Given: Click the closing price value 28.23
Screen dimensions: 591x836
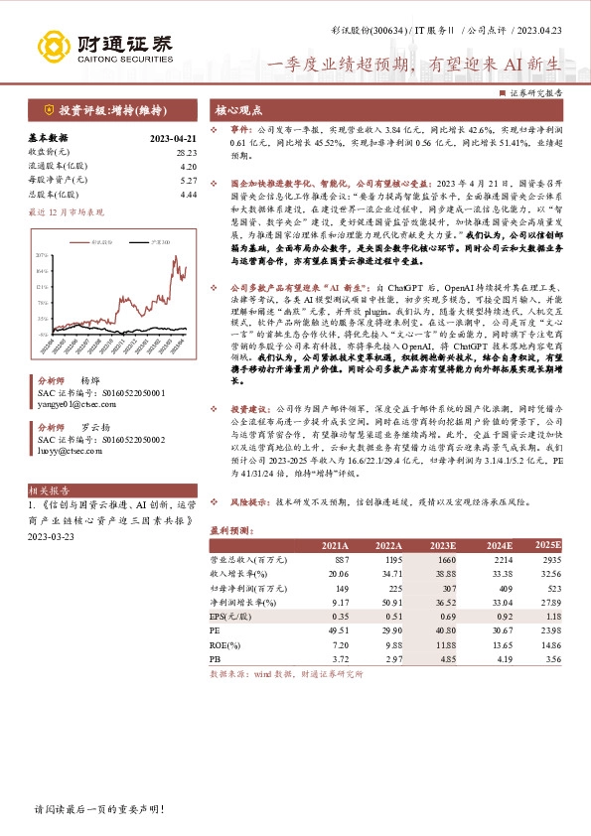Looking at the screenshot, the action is pyautogui.click(x=187, y=152).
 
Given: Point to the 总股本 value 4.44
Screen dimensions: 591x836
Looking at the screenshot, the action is pyautogui.click(x=189, y=195).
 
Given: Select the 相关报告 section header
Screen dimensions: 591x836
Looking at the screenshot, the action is pyautogui.click(x=49, y=490).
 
